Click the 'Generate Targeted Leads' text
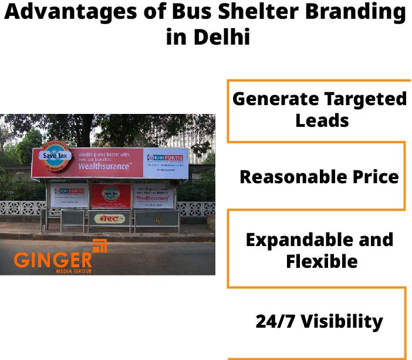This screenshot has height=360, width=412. coord(319,109)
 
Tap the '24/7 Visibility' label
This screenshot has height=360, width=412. coord(319,321)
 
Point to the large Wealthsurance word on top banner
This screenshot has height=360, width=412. coord(103,167)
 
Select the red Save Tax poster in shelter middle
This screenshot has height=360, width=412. coord(110,194)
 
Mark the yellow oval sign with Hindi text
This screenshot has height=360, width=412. coord(109,219)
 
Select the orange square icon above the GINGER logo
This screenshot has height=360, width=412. coord(100,245)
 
